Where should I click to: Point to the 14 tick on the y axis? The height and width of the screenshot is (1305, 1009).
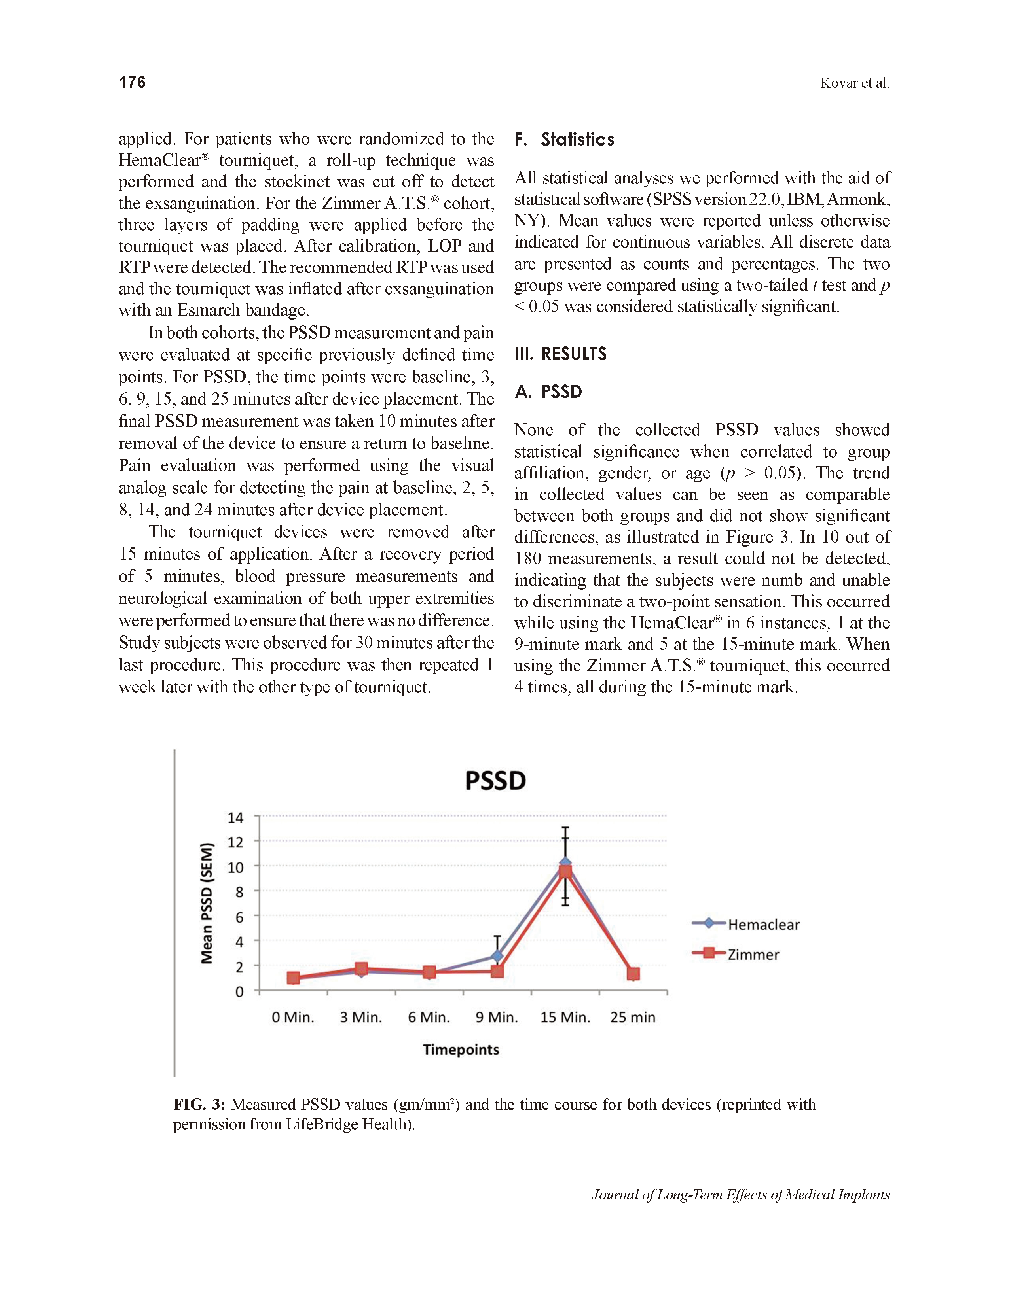click(x=235, y=817)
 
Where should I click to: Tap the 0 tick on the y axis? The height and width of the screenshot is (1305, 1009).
click(x=239, y=992)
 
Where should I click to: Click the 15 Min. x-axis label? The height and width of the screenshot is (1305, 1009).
click(x=565, y=1017)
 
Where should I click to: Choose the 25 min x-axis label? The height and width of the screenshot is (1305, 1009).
click(x=632, y=1017)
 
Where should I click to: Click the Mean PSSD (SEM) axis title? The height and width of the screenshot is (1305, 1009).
click(x=207, y=902)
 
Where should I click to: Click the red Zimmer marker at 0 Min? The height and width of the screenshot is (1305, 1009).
click(x=294, y=978)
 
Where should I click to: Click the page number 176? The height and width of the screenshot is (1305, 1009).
click(x=132, y=83)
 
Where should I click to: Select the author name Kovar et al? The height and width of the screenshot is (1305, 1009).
click(x=855, y=83)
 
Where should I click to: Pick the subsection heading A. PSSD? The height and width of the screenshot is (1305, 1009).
click(x=548, y=392)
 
